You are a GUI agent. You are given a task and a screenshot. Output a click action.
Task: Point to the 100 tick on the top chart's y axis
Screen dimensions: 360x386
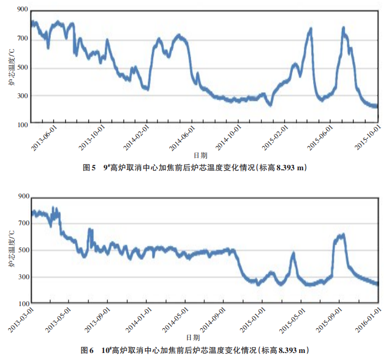[22, 124]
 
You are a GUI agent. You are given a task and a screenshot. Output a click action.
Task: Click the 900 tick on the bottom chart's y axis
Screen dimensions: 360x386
[22, 196]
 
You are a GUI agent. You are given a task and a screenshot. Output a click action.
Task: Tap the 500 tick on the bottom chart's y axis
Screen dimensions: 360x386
[22, 250]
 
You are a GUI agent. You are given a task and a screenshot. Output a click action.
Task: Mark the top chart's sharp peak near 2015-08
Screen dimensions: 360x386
[343, 27]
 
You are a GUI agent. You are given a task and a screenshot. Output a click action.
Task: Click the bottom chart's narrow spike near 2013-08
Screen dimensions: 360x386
[90, 230]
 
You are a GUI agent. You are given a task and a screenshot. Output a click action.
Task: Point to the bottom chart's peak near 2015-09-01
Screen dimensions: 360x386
[342, 234]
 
